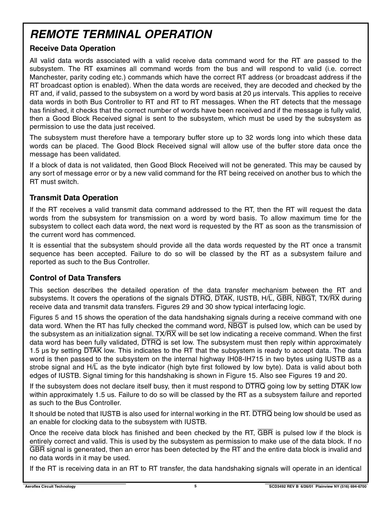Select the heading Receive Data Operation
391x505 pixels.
(73, 48)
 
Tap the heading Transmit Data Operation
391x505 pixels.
(74, 198)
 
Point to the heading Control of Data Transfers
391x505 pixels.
(75, 278)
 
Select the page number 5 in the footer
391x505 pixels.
(195, 486)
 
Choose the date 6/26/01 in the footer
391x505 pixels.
(307, 487)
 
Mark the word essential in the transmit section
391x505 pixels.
(55, 245)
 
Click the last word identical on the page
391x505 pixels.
(347, 469)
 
